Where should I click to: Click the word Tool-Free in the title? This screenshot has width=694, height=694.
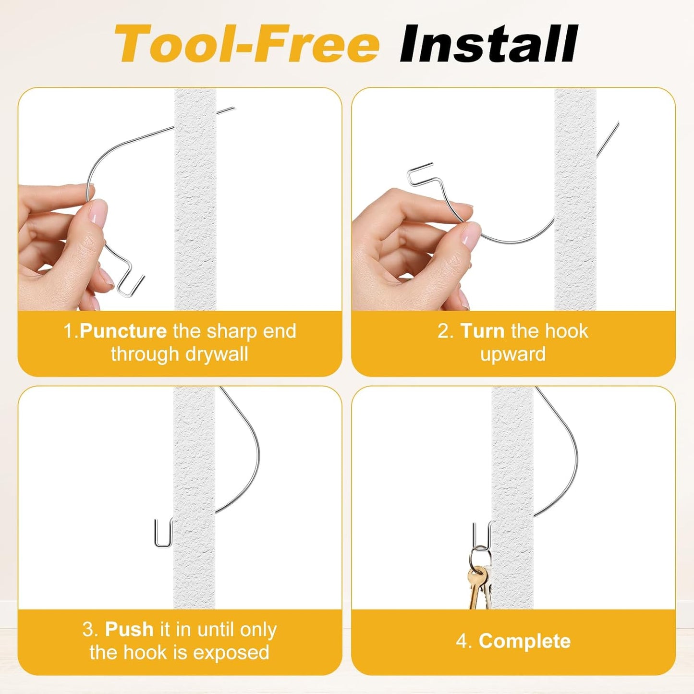coord(247,44)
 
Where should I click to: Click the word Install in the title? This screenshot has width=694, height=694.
coord(488,44)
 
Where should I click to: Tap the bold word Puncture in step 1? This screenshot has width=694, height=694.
coord(123,331)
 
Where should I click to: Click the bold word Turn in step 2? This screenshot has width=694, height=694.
coord(483,331)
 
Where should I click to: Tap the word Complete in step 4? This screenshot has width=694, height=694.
coord(524,641)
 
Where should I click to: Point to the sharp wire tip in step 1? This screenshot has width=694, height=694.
coord(234,108)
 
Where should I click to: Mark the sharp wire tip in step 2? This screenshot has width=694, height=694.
coord(618,122)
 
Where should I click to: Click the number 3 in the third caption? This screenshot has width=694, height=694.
coord(88,630)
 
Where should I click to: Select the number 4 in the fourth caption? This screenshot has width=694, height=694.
coord(462,642)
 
